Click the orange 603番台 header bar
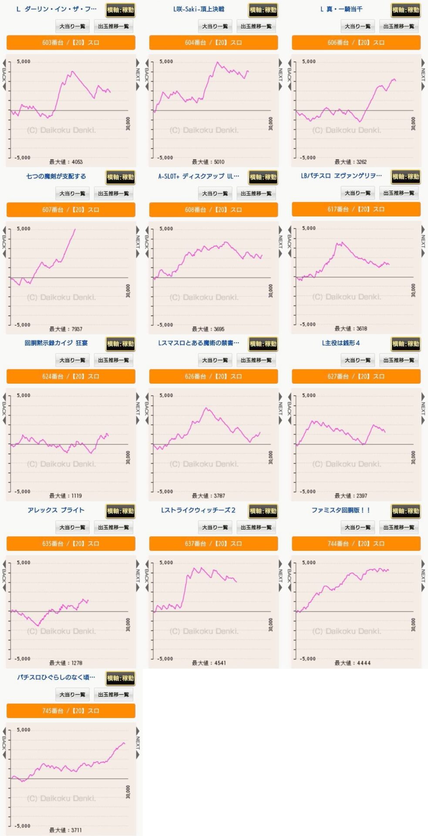coord(71,43)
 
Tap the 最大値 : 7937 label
coord(66,329)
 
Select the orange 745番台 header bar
coord(71,711)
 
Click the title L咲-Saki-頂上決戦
coord(199,9)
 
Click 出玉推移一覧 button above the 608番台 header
coord(256,193)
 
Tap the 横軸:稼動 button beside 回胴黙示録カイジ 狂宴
coord(121,344)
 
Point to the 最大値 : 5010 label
coord(208,162)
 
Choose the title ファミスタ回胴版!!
coord(341,510)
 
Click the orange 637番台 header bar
coord(213,543)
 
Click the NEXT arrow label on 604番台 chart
coord(280,74)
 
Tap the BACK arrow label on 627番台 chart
coord(289,408)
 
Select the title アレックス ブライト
coord(56,510)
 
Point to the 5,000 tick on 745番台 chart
coord(24,730)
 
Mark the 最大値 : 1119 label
coord(66,496)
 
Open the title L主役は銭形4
coord(341,343)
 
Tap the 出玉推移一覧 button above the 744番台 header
coord(399,527)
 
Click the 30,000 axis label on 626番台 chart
coord(270,457)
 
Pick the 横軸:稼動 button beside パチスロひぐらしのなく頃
coord(121,678)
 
